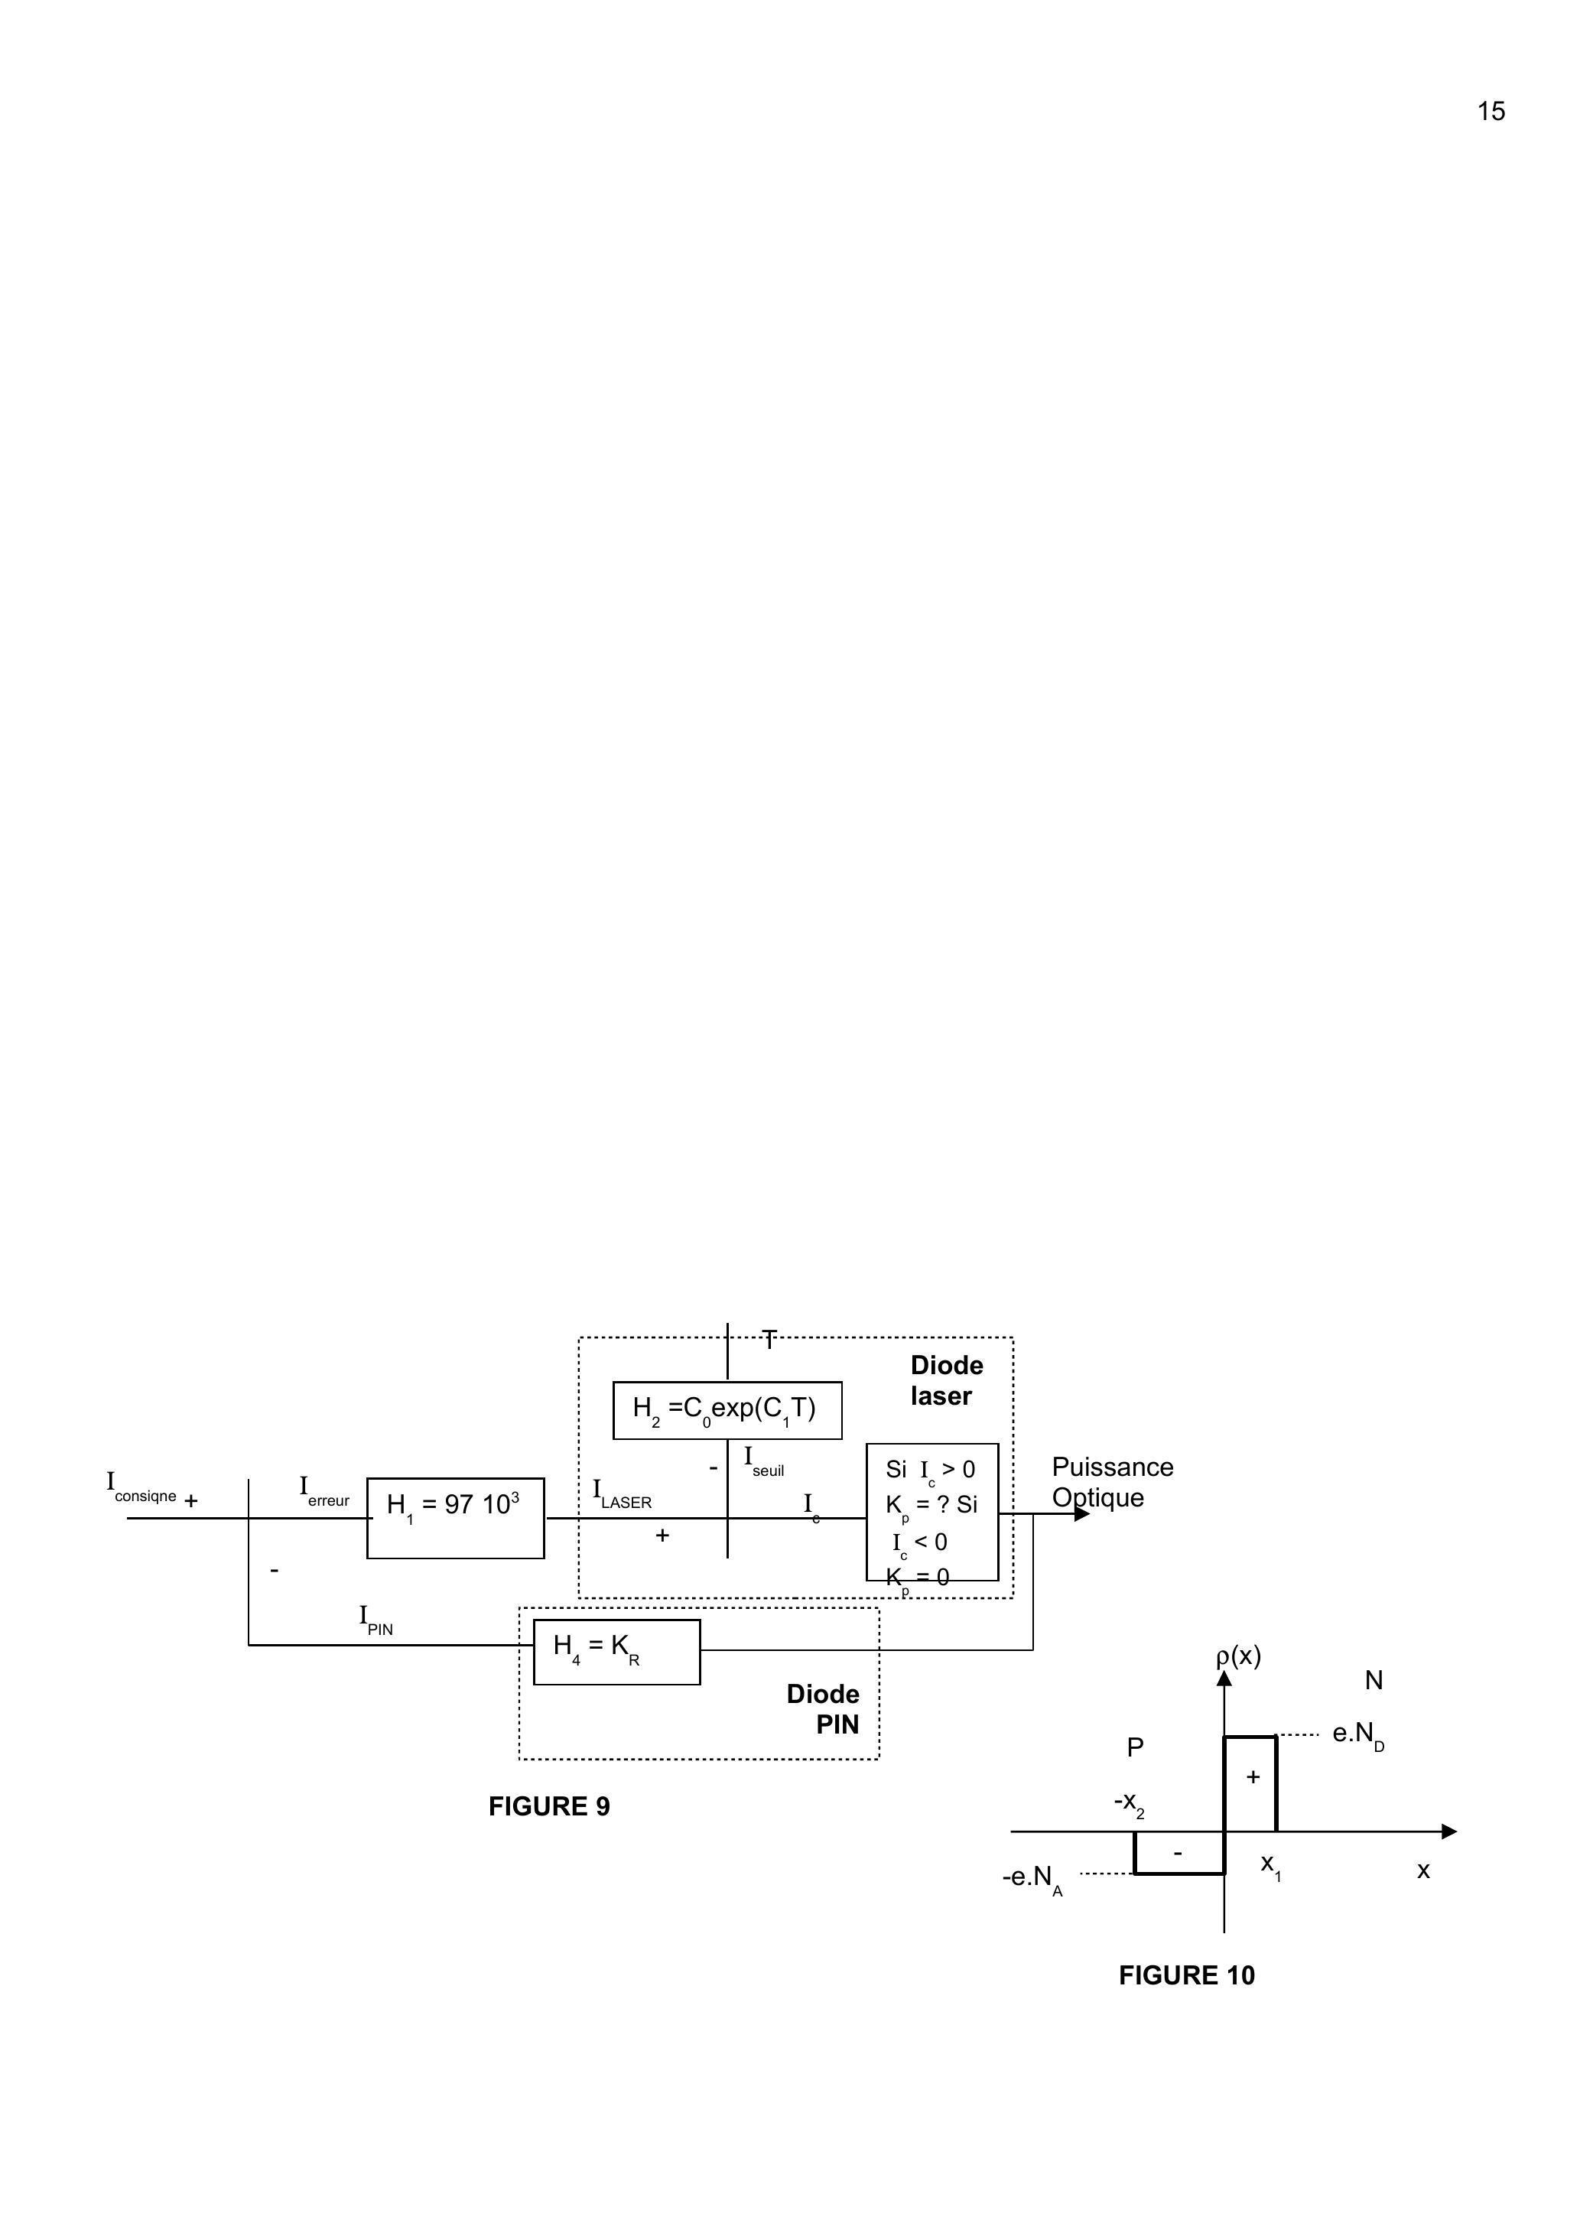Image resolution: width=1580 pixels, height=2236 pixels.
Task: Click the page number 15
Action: click(x=1491, y=112)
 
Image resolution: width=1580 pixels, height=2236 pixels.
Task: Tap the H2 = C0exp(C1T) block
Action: click(x=727, y=1409)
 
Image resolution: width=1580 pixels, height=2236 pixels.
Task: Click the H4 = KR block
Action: click(x=616, y=1652)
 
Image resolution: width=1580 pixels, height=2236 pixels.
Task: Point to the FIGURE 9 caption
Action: click(x=548, y=1806)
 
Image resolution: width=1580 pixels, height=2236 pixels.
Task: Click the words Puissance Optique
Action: click(x=1111, y=1482)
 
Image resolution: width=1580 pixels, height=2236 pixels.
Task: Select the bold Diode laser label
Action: click(x=946, y=1380)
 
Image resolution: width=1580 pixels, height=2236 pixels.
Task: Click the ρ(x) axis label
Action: click(x=1238, y=1656)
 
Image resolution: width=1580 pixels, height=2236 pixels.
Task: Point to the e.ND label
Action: click(x=1357, y=1734)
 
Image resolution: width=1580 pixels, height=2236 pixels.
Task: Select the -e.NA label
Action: click(x=1032, y=1877)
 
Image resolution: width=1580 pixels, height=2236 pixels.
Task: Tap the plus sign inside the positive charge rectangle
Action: click(x=1253, y=1776)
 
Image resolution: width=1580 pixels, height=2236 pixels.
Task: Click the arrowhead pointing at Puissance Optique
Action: click(x=1081, y=1514)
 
